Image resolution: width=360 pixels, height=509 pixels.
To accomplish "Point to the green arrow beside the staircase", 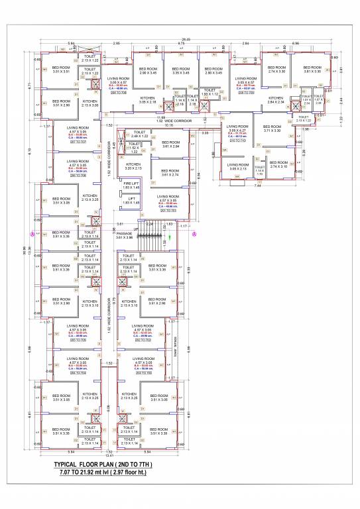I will [x=168, y=245].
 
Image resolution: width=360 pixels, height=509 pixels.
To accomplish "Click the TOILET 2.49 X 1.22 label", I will [x=140, y=135].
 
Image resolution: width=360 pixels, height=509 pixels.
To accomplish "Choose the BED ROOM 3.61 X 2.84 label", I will [x=170, y=144].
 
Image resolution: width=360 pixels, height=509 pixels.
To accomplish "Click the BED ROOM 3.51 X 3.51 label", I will [x=61, y=70].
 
